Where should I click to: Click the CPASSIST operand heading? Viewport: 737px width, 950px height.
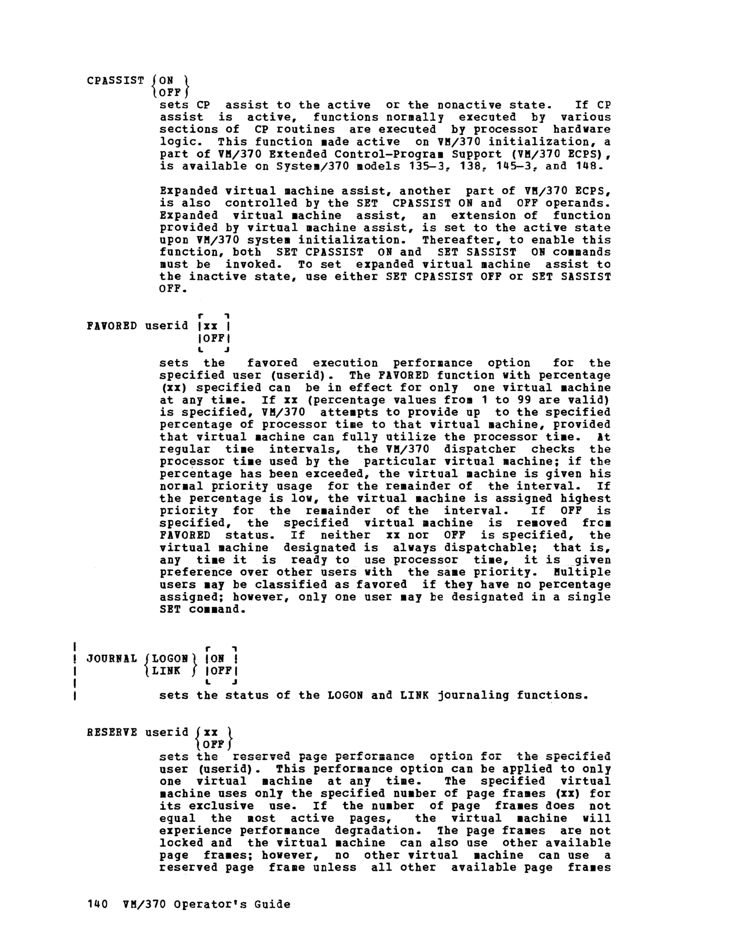tap(115, 81)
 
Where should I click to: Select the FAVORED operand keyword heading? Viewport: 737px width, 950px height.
tap(112, 326)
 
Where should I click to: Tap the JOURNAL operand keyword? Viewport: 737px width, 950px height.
tap(112, 658)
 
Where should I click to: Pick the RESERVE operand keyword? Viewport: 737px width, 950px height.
tap(112, 732)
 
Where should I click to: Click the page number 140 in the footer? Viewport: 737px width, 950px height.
tap(97, 904)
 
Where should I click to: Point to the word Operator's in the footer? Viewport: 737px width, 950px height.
tap(210, 904)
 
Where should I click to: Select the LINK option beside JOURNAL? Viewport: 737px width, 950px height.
tap(166, 670)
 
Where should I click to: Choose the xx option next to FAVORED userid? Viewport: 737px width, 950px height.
tap(210, 326)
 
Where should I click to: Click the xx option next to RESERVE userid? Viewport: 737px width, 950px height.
tap(210, 732)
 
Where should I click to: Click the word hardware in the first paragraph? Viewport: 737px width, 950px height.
tap(582, 129)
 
